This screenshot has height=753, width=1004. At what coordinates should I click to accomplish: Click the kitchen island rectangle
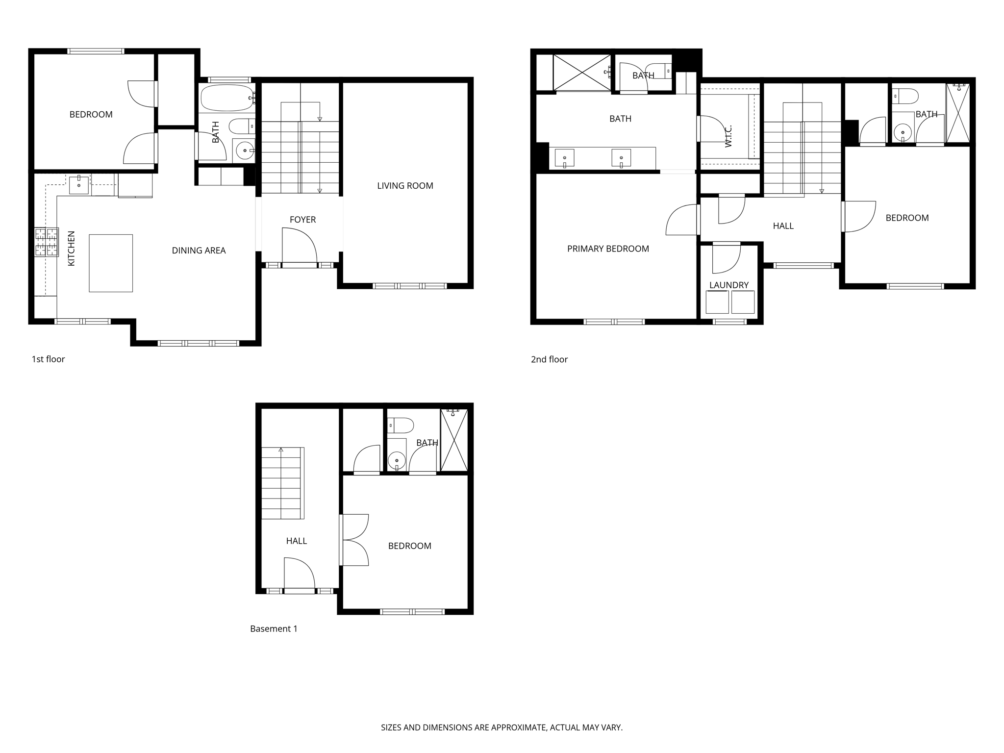coord(111,263)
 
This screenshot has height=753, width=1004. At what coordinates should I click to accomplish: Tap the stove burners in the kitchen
coord(47,242)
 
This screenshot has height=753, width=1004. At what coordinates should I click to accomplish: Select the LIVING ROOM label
coord(405,186)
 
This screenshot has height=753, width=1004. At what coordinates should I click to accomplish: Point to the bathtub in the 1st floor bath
coord(227,98)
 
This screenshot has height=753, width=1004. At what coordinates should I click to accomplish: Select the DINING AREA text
coord(199,251)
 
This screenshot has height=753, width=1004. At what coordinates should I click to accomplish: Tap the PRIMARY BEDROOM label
coord(608,249)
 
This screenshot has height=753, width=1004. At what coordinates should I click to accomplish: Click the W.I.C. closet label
coord(728,136)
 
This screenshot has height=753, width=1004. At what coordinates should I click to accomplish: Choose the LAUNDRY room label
coord(729,285)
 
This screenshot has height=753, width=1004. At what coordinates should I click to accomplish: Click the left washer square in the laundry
coord(717,302)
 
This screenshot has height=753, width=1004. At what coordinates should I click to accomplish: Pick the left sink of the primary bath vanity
coord(564,158)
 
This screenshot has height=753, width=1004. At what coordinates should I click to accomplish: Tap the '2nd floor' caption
coord(549,359)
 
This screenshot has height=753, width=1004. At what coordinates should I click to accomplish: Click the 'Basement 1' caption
coord(274,629)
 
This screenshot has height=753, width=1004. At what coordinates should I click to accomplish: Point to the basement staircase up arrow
coord(281,449)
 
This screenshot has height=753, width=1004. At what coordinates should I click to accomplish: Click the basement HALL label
coord(296,541)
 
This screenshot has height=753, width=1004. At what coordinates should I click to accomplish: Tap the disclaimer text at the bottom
coord(502,728)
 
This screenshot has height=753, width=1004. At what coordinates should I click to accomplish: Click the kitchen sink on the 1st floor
coord(78,185)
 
